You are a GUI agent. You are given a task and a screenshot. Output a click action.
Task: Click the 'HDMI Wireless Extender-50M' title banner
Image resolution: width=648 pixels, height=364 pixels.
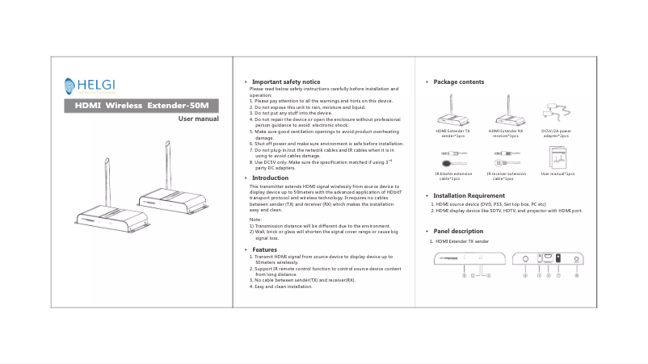(141, 106)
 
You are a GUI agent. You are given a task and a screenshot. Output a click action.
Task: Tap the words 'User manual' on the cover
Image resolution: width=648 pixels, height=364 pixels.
(198, 119)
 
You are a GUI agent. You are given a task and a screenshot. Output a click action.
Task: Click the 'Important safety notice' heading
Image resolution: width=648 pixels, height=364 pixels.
(286, 82)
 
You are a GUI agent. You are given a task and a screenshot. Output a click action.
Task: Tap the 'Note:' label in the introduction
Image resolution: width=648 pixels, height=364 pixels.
(255, 220)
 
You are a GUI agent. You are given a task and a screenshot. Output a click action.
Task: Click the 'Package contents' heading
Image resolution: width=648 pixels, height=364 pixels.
(458, 82)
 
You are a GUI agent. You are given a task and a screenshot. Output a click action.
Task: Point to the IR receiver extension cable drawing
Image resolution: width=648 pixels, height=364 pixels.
(506, 158)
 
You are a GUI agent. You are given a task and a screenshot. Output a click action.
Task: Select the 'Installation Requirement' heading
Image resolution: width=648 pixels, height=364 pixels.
(469, 195)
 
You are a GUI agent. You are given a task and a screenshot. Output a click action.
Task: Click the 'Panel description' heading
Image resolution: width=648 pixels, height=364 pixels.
(458, 232)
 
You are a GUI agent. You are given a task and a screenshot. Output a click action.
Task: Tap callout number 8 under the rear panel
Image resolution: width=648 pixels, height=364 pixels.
(576, 275)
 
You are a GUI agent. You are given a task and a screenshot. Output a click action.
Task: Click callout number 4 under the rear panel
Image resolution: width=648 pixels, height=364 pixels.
(525, 275)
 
